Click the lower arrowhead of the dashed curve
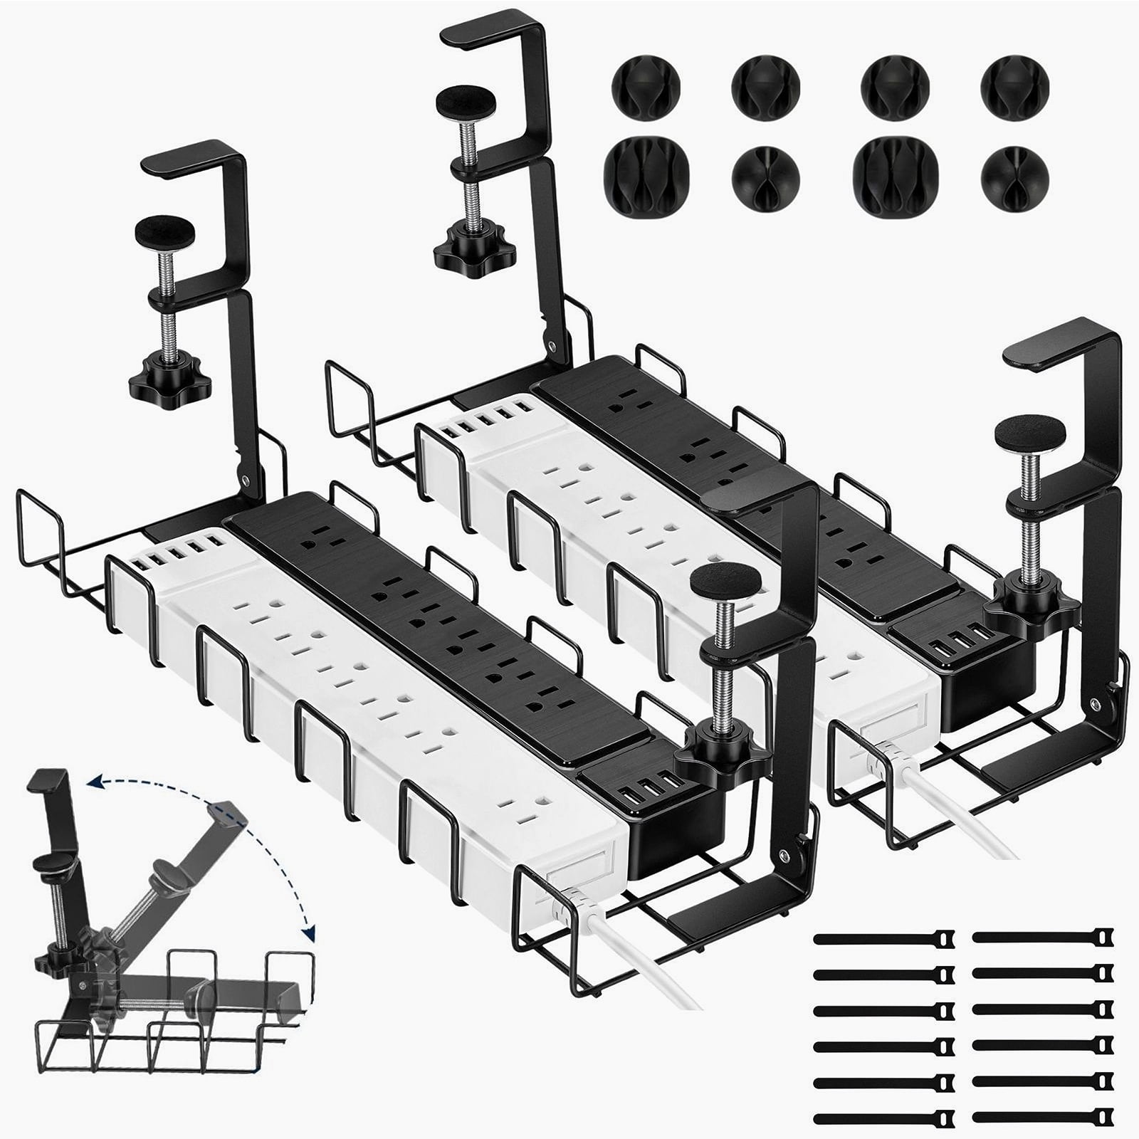pos(310,935)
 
